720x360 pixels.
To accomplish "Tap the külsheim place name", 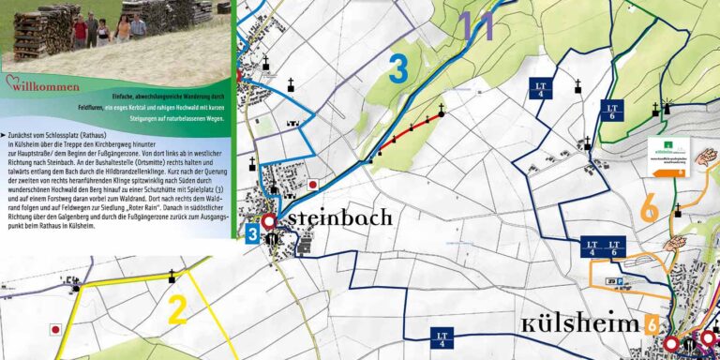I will coord(581,324).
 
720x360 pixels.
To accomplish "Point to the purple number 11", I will coord(476,25).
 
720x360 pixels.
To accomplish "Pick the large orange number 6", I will coord(648,208).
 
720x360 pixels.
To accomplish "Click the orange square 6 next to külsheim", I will coord(651,324).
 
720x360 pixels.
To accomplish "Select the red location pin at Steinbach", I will coord(270,222).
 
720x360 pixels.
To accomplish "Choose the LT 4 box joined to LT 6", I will coord(592,247).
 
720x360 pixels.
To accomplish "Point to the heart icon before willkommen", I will coord(12,82).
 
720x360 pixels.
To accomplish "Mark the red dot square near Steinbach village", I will coord(313,185).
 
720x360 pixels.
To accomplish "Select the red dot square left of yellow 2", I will coord(55,329).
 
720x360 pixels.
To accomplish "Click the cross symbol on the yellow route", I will coord(172,276).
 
